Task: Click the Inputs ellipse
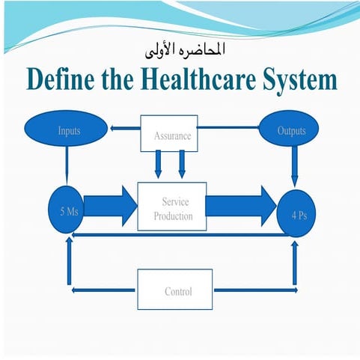[x=69, y=132]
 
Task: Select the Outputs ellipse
[x=290, y=132]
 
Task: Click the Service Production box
[x=171, y=207]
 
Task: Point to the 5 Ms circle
[x=68, y=211]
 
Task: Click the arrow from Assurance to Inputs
[x=123, y=127]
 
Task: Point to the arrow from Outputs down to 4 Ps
[x=295, y=168]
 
